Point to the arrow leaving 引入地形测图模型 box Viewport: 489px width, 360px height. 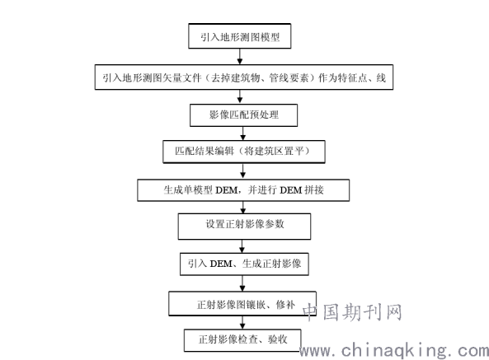pyautogui.click(x=239, y=57)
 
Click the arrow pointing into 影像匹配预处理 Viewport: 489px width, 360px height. pyautogui.click(x=239, y=97)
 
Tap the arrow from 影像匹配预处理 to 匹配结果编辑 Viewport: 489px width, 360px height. pyautogui.click(x=243, y=133)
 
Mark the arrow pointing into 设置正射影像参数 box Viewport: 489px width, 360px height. pyautogui.click(x=243, y=207)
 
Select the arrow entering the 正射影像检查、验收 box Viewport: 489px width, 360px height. pyautogui.click(x=242, y=323)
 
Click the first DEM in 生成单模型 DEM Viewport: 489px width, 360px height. pyautogui.click(x=227, y=190)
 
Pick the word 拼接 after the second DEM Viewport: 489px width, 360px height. pyautogui.click(x=314, y=190)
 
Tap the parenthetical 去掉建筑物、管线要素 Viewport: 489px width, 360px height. pyautogui.click(x=260, y=77)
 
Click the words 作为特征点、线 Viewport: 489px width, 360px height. pyautogui.click(x=352, y=77)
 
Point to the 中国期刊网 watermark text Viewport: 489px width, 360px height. pyautogui.click(x=352, y=312)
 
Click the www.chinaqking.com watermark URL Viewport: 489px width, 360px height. pyautogui.click(x=394, y=351)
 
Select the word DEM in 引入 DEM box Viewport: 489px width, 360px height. pyautogui.click(x=221, y=264)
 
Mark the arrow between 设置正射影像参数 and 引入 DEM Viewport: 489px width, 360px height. pyautogui.click(x=242, y=246)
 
